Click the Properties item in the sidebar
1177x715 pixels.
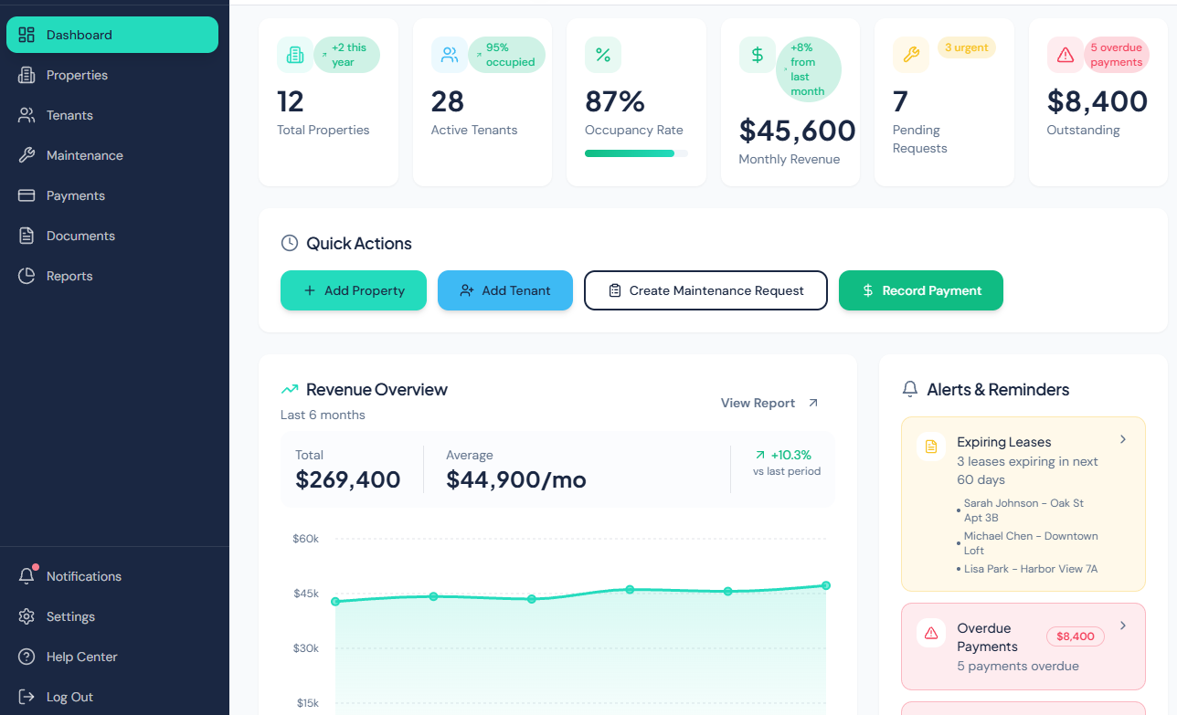pyautogui.click(x=77, y=75)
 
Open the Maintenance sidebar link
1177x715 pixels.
pyautogui.click(x=84, y=155)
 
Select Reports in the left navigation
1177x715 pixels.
pyautogui.click(x=69, y=276)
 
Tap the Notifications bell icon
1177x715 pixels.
pyautogui.click(x=27, y=576)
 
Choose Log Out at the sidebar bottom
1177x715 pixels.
pyautogui.click(x=69, y=697)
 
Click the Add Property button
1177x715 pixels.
pyautogui.click(x=353, y=290)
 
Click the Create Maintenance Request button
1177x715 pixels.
pyautogui.click(x=705, y=290)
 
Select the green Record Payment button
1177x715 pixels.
pyautogui.click(x=920, y=290)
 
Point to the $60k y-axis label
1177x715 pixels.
pyautogui.click(x=305, y=539)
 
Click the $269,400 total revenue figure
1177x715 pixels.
pyautogui.click(x=348, y=479)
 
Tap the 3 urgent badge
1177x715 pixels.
pyautogui.click(x=966, y=47)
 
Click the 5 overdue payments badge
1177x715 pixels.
pyautogui.click(x=1116, y=55)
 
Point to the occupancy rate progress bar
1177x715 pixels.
pyautogui.click(x=636, y=153)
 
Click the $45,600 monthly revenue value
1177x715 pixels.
pyautogui.click(x=797, y=131)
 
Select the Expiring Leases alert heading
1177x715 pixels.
pyautogui.click(x=1003, y=442)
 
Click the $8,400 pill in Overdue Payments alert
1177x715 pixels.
pyautogui.click(x=1075, y=636)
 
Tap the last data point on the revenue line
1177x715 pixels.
pyautogui.click(x=825, y=585)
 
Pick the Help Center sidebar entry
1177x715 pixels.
pyautogui.click(x=81, y=657)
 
